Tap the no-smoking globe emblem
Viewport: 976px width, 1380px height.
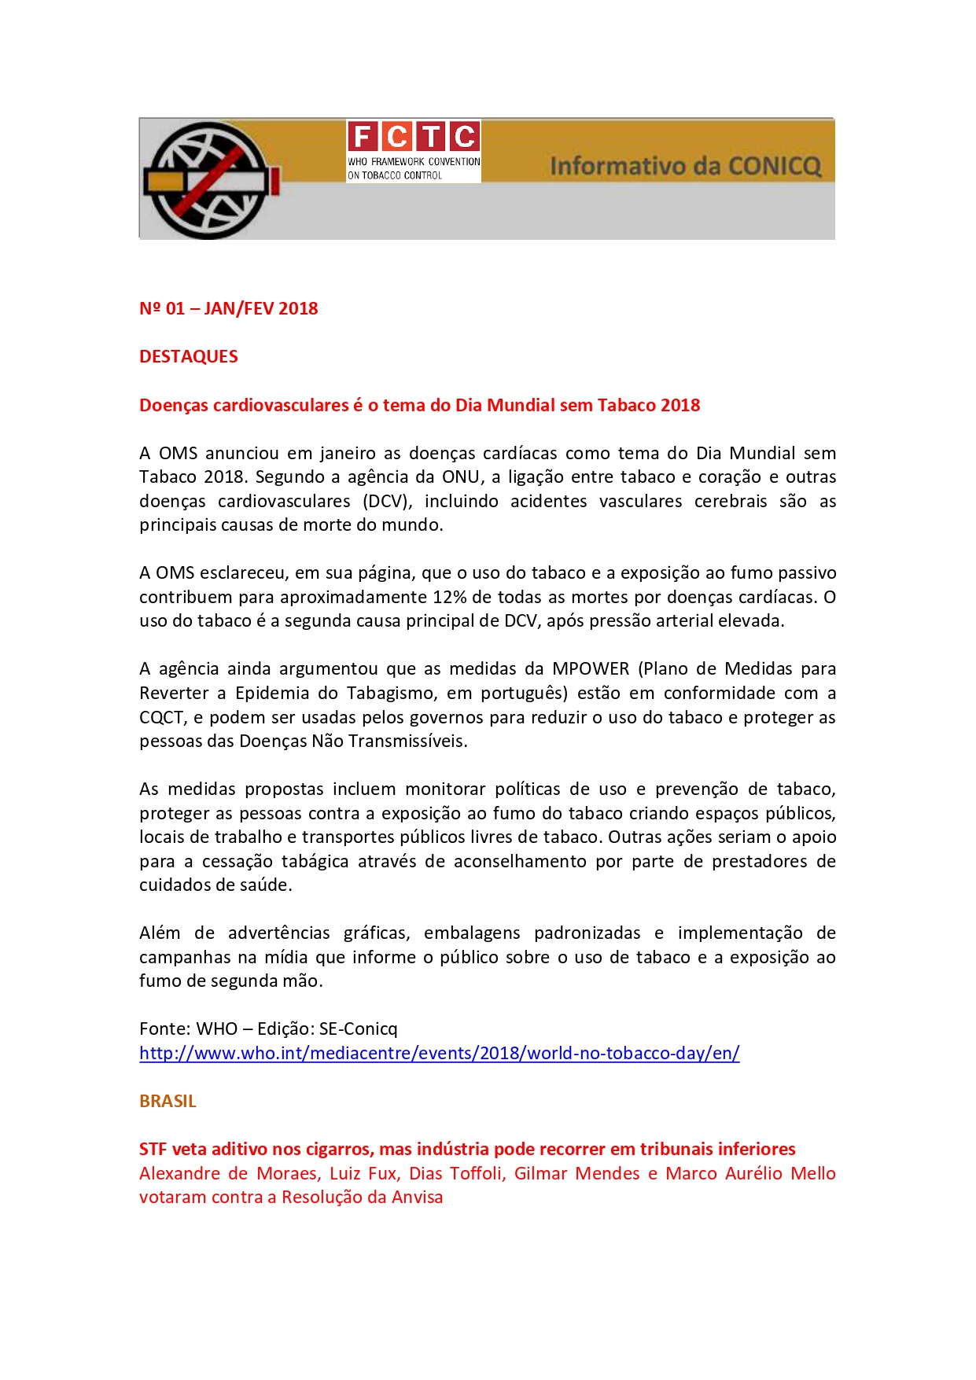tap(209, 180)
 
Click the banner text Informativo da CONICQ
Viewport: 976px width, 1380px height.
tap(685, 166)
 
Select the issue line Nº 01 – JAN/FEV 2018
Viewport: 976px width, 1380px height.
tap(229, 308)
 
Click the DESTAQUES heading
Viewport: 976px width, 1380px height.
tap(189, 356)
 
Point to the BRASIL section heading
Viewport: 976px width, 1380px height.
tap(168, 1101)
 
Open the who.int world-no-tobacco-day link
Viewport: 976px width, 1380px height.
tap(439, 1053)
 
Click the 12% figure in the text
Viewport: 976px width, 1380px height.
tap(450, 597)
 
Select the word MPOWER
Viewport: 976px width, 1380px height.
tap(591, 668)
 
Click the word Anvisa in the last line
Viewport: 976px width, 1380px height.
tap(418, 1197)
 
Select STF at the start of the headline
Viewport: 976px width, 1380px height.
tap(153, 1149)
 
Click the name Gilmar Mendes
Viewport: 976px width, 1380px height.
tap(576, 1173)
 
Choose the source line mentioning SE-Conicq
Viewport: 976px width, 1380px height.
tap(268, 1029)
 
